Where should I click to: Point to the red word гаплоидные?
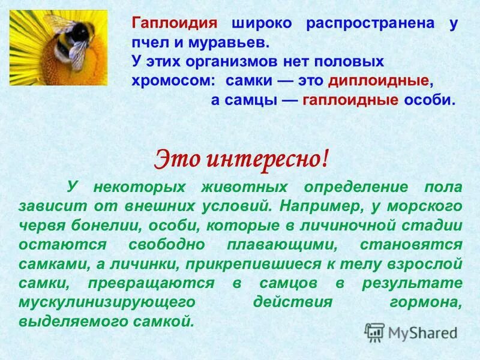tap(350, 100)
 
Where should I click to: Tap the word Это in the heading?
tap(176, 158)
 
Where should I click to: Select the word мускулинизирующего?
tap(106, 302)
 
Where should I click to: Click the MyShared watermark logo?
tap(412, 331)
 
